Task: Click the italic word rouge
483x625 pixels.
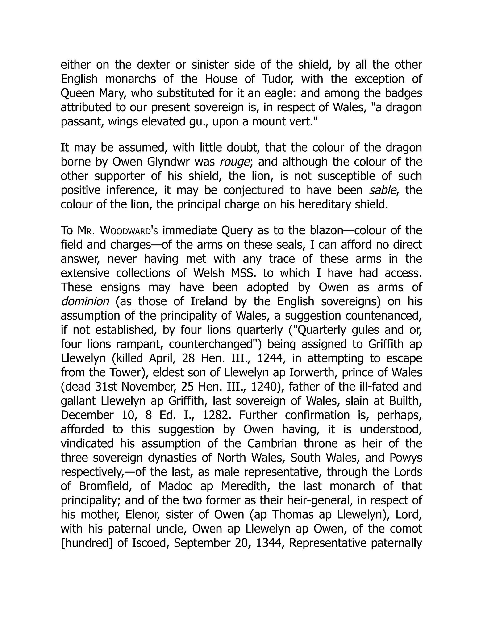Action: (234, 162)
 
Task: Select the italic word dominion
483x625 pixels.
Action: (85, 302)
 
